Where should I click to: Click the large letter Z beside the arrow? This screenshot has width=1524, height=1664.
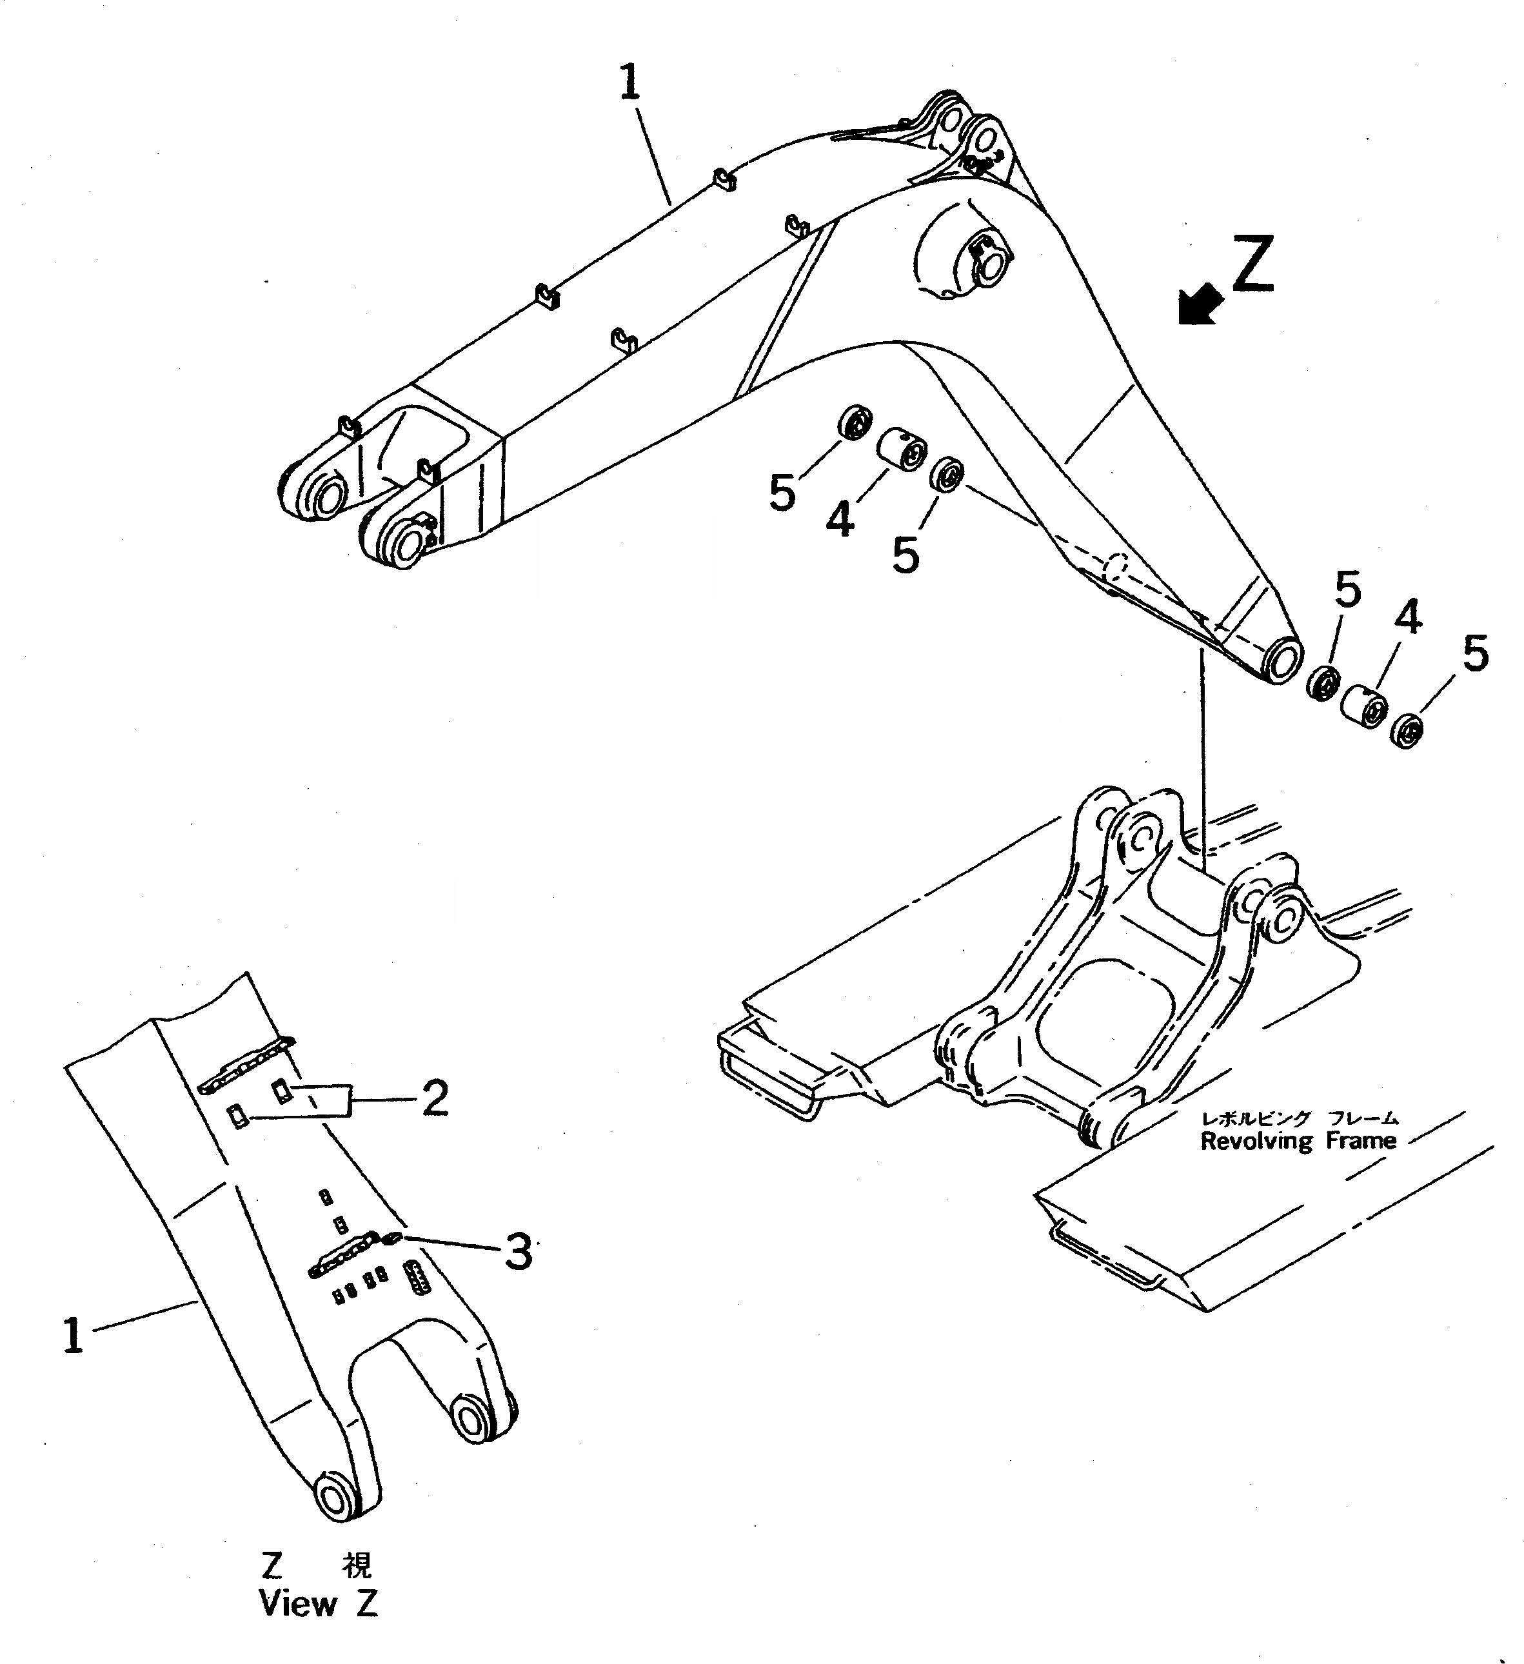pyautogui.click(x=1252, y=264)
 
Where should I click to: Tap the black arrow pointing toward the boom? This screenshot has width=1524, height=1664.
pyautogui.click(x=1200, y=304)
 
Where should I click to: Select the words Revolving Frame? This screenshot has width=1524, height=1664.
pyautogui.click(x=1298, y=1142)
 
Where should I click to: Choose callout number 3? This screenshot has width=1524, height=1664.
pyautogui.click(x=518, y=1251)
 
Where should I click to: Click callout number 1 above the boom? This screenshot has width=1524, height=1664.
pyautogui.click(x=630, y=83)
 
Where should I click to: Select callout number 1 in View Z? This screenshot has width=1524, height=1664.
pyautogui.click(x=74, y=1336)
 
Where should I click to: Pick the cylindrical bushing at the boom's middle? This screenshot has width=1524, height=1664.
pyautogui.click(x=899, y=449)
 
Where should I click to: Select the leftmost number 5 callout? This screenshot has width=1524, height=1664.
pyautogui.click(x=782, y=493)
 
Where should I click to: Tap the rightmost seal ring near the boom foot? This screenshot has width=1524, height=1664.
pyautogui.click(x=1409, y=731)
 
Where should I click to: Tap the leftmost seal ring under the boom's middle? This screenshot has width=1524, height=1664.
pyautogui.click(x=855, y=424)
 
